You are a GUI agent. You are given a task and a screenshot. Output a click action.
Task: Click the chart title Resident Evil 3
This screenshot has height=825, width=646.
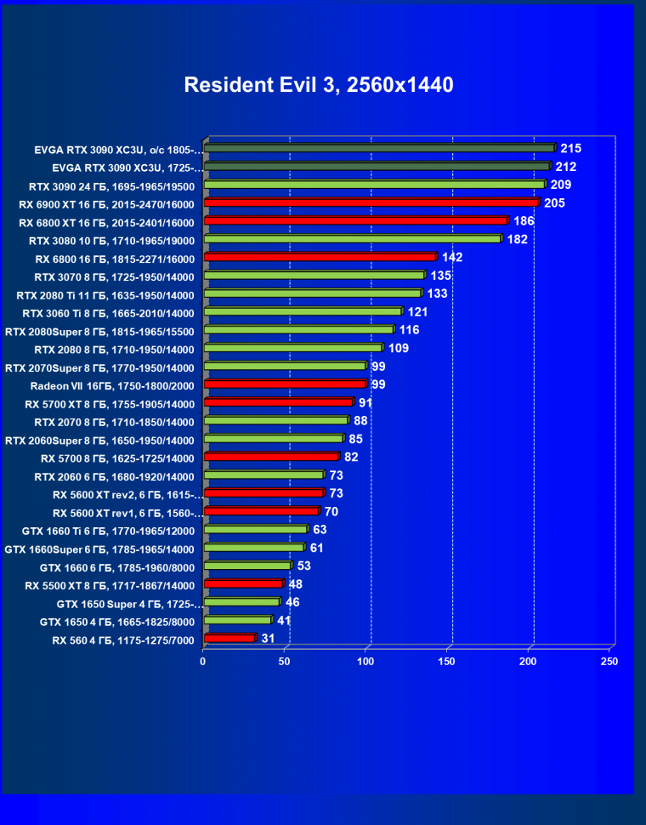pos(319,85)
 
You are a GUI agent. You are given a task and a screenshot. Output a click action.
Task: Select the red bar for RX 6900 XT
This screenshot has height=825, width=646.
pos(371,202)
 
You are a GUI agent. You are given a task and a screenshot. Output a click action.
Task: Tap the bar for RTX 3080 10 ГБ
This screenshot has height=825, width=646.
pos(353,239)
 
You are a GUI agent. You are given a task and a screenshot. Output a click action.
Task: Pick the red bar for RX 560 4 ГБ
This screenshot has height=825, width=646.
pos(229,638)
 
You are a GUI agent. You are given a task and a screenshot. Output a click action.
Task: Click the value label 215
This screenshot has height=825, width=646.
pos(570,148)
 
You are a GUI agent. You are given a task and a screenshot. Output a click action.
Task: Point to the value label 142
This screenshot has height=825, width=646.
pos(451,257)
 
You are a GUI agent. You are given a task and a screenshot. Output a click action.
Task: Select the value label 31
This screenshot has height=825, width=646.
pos(268,638)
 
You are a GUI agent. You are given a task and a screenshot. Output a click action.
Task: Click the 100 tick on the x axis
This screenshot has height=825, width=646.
pos(365,661)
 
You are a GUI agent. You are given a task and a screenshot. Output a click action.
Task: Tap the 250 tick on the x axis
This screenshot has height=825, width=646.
pos(609,661)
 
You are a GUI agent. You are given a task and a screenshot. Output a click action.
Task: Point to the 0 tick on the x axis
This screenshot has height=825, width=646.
pos(203,661)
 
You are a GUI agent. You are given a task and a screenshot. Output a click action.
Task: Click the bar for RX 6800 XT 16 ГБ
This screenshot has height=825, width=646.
pos(355,221)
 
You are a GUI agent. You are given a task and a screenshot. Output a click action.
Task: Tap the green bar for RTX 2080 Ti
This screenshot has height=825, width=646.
pos(312,293)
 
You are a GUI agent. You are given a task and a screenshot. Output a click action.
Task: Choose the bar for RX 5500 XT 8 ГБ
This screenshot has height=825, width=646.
pos(243,583)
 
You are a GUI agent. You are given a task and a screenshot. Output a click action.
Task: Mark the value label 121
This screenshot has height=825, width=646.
pos(418,311)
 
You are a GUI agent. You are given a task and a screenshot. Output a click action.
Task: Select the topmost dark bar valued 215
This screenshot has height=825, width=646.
pos(378,148)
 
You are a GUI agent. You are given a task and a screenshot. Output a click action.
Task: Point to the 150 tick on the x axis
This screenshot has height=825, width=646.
pos(447,661)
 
